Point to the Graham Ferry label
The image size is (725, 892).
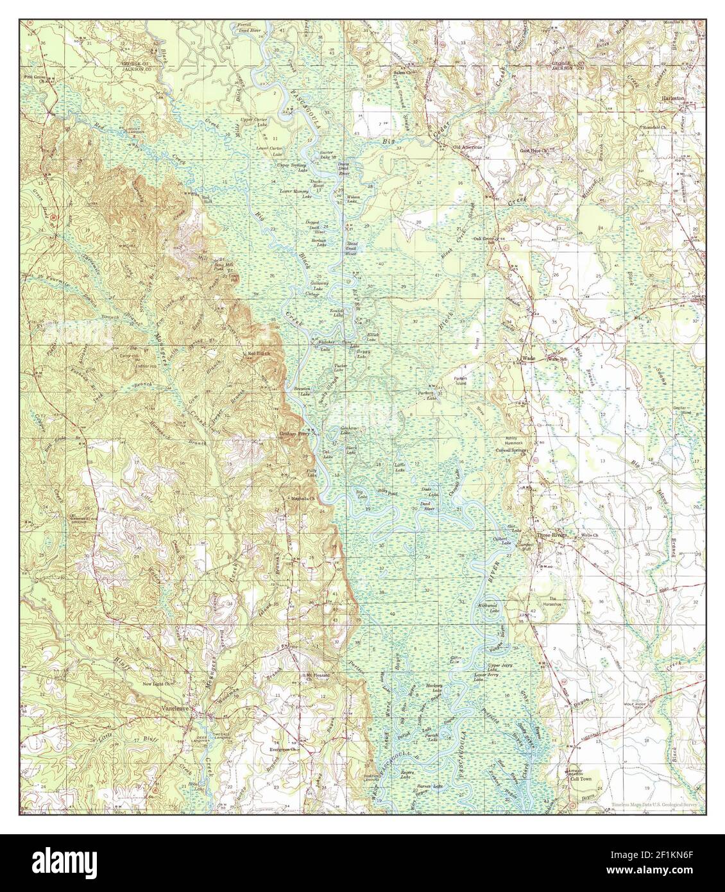click(x=294, y=434)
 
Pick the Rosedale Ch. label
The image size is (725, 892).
click(x=657, y=128)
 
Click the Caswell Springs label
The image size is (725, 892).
click(x=511, y=450)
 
